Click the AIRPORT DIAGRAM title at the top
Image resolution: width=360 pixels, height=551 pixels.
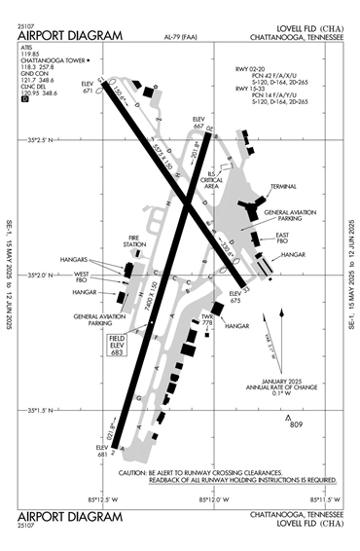(70, 36)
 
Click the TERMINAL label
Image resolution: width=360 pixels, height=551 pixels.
(284, 186)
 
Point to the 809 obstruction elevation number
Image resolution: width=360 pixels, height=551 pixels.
(299, 425)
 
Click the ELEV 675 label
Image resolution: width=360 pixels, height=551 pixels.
(234, 298)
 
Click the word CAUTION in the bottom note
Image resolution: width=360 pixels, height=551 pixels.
(134, 472)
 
